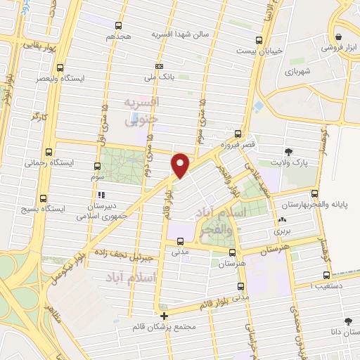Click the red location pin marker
coord(181,165)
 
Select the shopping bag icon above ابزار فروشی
coord(340,37)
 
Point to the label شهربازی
coord(297,71)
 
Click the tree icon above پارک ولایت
coord(288,151)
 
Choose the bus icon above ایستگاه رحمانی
coord(49,151)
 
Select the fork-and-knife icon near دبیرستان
coord(101,195)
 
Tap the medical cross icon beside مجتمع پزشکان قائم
coord(164,316)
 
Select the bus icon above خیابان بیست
coord(259,39)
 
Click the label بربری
coord(282,230)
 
